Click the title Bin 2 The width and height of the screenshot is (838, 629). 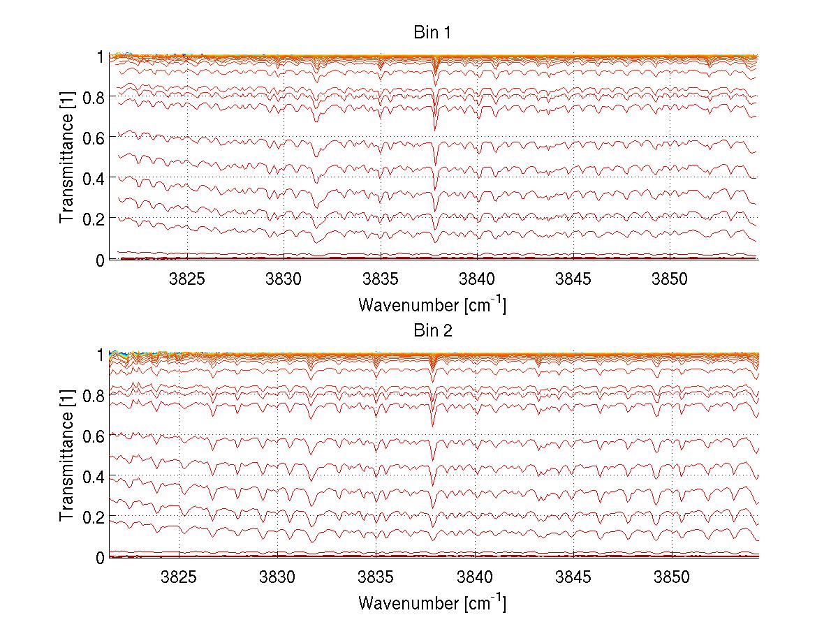point(433,331)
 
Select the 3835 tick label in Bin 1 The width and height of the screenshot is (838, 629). point(381,279)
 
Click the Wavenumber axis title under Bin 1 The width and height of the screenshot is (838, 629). point(432,304)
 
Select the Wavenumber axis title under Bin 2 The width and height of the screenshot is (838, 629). point(432,602)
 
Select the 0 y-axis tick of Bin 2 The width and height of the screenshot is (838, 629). point(100,558)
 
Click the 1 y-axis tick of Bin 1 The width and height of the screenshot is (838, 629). point(100,57)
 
